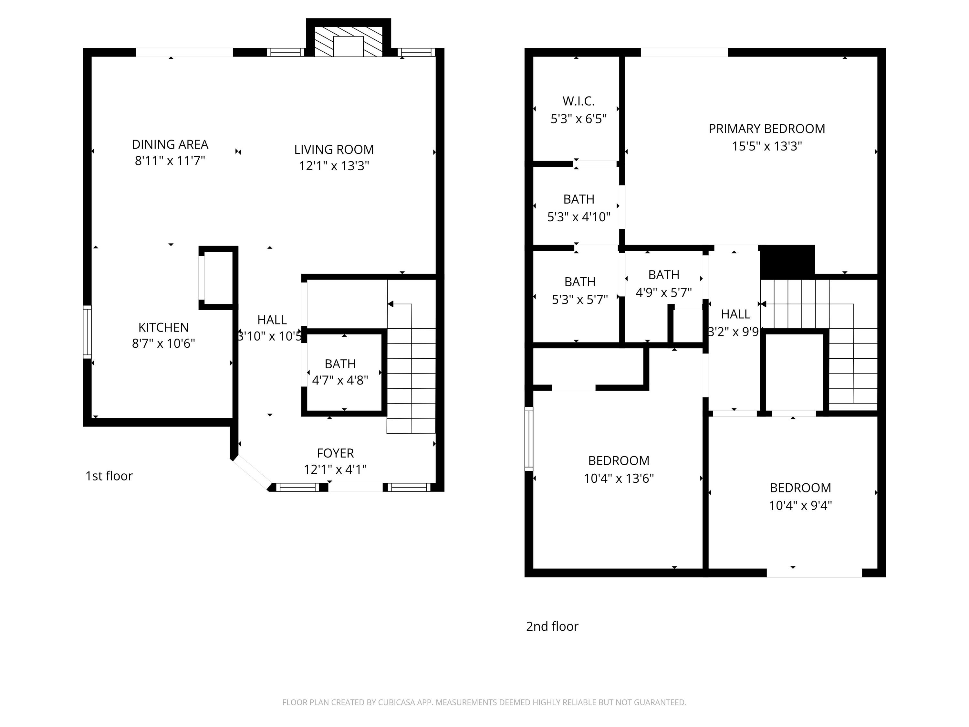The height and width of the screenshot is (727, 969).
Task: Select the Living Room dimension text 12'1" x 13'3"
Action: [x=334, y=166]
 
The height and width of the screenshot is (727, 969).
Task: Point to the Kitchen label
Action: [x=163, y=327]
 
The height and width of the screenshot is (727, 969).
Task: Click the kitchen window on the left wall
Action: [x=88, y=332]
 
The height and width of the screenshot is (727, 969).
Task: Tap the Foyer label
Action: [x=335, y=453]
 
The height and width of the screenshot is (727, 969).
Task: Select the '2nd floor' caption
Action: [x=552, y=626]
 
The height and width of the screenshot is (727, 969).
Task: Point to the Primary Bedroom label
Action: [x=766, y=129]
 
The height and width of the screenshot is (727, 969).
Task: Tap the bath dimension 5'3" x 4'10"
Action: [x=579, y=217]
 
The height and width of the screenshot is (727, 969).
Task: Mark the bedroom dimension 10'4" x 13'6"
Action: [x=619, y=478]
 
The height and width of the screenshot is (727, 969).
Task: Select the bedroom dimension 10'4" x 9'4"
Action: [x=800, y=506]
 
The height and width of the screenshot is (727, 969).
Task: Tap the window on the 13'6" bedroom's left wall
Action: [x=529, y=439]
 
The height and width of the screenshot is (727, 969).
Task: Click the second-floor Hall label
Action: [x=735, y=314]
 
